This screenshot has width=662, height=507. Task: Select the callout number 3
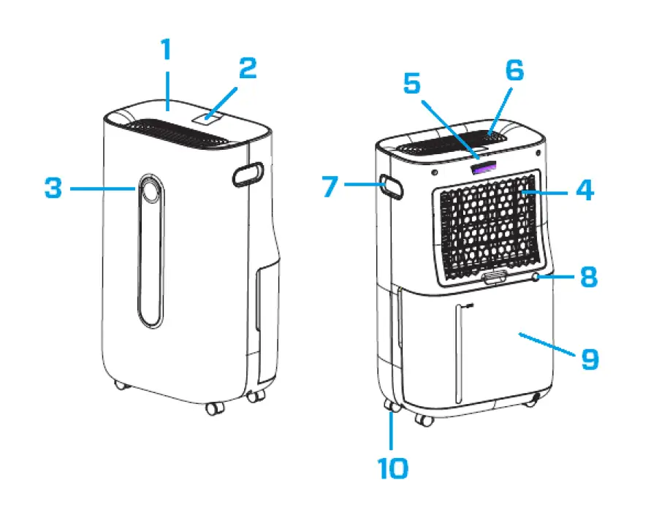53,188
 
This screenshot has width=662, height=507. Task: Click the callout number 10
393,468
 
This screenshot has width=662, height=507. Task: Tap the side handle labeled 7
391,187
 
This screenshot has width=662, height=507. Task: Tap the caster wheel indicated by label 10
389,407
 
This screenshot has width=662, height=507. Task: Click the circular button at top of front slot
150,191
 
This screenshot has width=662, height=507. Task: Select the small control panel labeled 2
208,115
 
